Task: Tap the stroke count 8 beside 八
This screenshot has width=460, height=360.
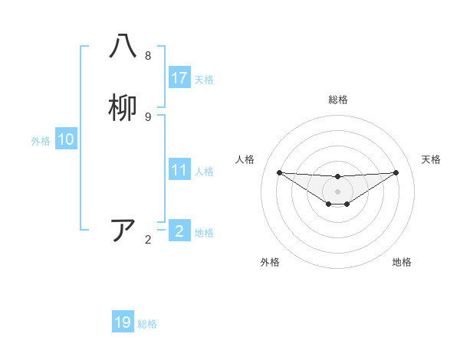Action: [148, 55]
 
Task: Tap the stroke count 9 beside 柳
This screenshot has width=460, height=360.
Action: [148, 116]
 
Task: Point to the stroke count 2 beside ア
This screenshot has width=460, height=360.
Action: [148, 239]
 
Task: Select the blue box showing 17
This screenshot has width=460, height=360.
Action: [179, 78]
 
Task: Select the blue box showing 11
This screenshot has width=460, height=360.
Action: [179, 170]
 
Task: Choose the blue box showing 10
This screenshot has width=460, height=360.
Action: [66, 139]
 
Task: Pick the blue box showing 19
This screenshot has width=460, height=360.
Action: [123, 322]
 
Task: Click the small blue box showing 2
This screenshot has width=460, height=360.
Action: [179, 231]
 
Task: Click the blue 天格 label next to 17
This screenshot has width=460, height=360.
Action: [204, 79]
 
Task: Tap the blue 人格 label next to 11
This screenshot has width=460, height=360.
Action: [204, 171]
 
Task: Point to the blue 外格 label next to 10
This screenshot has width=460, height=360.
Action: [41, 140]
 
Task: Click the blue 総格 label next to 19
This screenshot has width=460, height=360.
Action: [147, 323]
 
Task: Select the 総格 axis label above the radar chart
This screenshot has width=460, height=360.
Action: [338, 100]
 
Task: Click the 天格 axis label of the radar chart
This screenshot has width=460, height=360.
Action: [432, 159]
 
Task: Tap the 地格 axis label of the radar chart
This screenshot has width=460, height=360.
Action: [402, 262]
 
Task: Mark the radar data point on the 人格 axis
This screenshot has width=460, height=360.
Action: [279, 172]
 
